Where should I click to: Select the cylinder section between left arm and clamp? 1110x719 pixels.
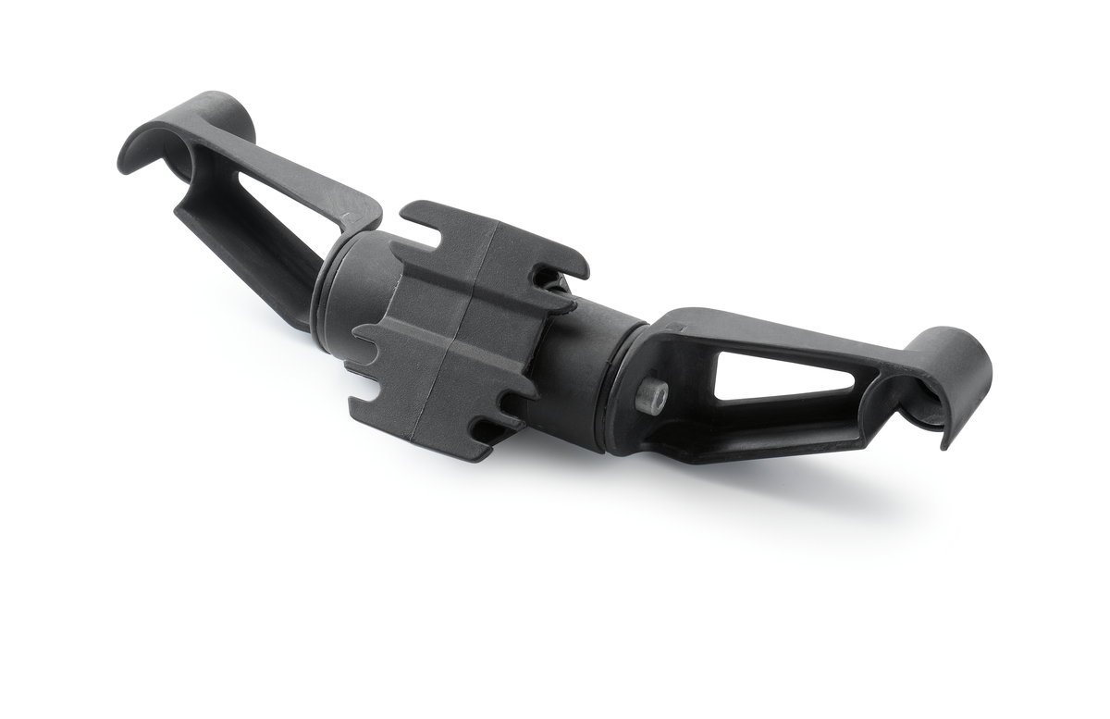351,296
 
